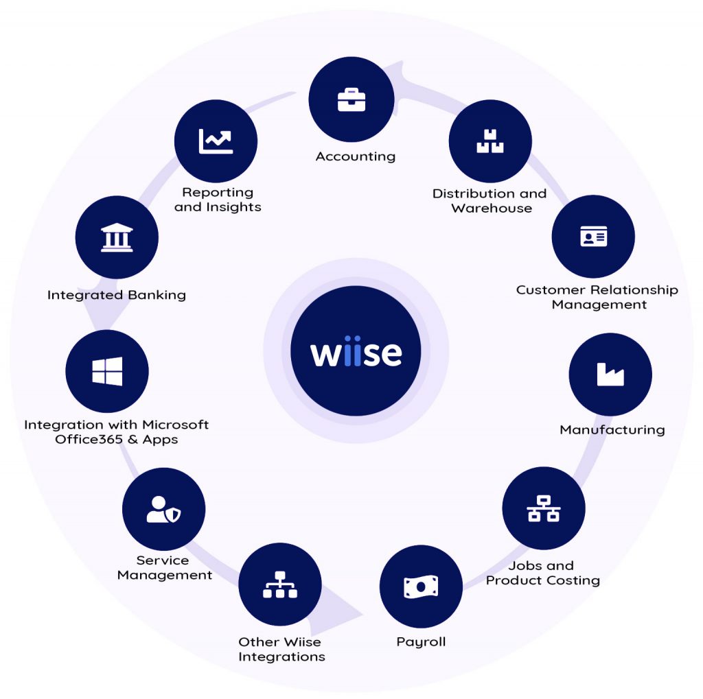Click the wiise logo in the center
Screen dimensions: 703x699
tap(356, 351)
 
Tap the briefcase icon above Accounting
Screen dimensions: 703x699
tap(351, 100)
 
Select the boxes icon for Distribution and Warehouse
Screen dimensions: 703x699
tap(490, 141)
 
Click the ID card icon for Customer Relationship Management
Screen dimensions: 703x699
tap(594, 236)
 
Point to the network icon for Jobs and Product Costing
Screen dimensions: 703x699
tap(544, 508)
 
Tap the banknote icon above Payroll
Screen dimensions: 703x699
tap(421, 587)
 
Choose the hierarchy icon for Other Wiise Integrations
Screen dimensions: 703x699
tap(280, 584)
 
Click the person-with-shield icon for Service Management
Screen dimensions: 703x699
tap(163, 509)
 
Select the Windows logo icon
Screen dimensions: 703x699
tap(107, 371)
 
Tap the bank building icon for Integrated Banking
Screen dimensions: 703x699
tap(117, 237)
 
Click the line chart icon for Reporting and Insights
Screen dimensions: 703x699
tap(216, 141)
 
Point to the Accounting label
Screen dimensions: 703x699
tap(356, 156)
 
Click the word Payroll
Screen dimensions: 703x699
tap(421, 642)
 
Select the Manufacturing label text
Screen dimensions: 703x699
tap(612, 429)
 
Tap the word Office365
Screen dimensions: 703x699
tap(89, 439)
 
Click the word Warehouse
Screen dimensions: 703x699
tap(492, 208)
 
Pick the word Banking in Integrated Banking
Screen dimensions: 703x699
tap(157, 295)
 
